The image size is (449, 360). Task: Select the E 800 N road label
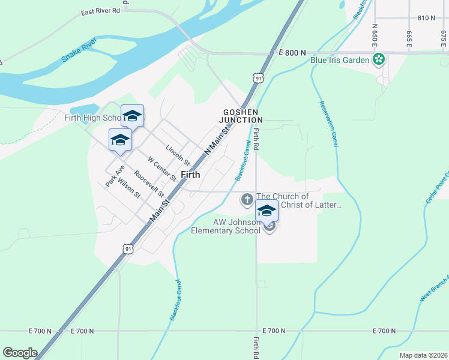click(292, 53)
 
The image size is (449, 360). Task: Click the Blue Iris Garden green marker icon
click(379, 59)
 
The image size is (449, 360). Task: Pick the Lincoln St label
click(178, 155)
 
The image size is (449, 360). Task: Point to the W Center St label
click(161, 168)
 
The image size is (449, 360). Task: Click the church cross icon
click(247, 200)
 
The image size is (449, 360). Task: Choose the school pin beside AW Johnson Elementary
click(267, 211)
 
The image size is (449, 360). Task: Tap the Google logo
click(20, 353)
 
